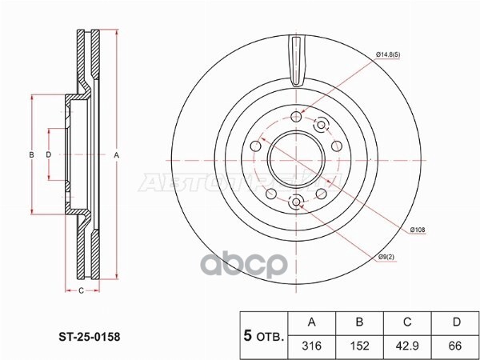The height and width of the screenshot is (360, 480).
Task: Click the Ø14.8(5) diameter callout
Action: point(392,54)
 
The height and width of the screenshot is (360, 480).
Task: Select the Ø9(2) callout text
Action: point(387,257)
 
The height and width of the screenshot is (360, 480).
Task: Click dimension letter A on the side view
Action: point(117,154)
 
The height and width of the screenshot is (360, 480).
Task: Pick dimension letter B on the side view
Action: point(31,154)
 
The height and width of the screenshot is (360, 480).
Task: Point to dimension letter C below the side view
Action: point(81,290)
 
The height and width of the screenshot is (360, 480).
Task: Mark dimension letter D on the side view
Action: point(48,154)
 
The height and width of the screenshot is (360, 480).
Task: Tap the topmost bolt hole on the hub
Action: point(298,114)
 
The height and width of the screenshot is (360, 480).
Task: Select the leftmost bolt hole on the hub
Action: point(255,146)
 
